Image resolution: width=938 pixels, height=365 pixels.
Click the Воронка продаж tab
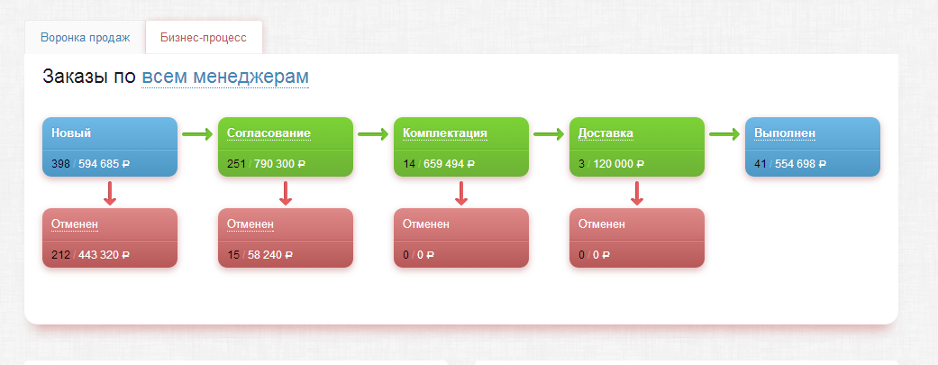click(86, 38)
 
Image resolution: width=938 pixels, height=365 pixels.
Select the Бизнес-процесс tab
click(203, 38)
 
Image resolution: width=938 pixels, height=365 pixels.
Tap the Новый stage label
click(71, 133)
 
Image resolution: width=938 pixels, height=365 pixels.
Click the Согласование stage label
click(269, 133)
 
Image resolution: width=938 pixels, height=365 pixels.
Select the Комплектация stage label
click(445, 133)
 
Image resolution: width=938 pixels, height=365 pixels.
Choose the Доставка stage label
click(606, 133)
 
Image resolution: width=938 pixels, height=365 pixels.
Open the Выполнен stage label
click(785, 133)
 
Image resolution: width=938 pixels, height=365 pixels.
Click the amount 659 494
click(441, 165)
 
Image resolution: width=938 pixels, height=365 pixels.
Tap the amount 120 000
click(614, 165)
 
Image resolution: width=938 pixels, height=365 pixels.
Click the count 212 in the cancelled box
click(61, 255)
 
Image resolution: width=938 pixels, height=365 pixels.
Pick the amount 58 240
click(265, 255)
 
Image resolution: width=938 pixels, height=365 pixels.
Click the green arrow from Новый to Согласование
click(196, 134)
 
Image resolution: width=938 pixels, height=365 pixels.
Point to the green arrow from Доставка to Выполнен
click(724, 134)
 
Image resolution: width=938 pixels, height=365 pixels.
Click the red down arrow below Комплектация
click(460, 192)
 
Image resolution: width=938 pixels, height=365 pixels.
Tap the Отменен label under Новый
click(75, 224)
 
